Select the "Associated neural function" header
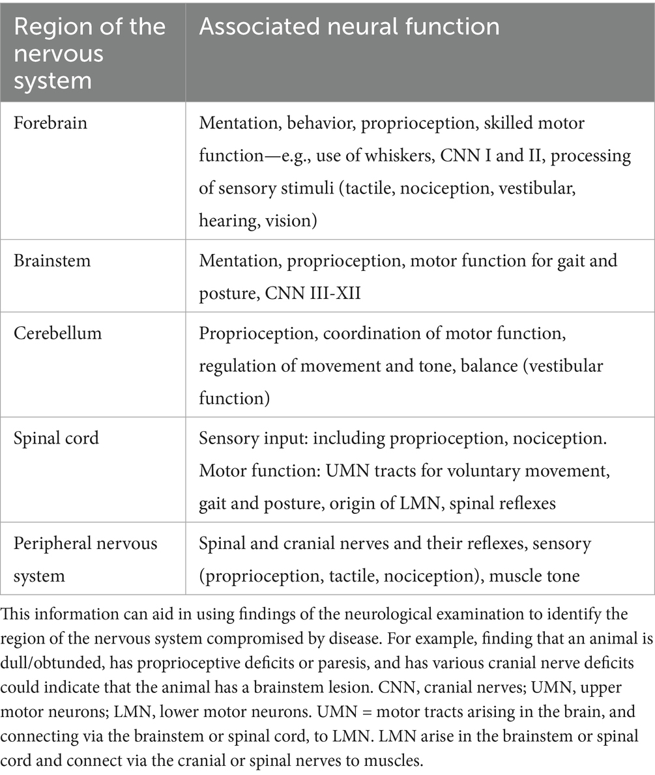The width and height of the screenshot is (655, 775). pos(349,27)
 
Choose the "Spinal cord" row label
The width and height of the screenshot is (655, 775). pos(56,438)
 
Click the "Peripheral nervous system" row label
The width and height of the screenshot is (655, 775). pos(85,559)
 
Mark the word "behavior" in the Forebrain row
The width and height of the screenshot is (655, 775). pos(322,123)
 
